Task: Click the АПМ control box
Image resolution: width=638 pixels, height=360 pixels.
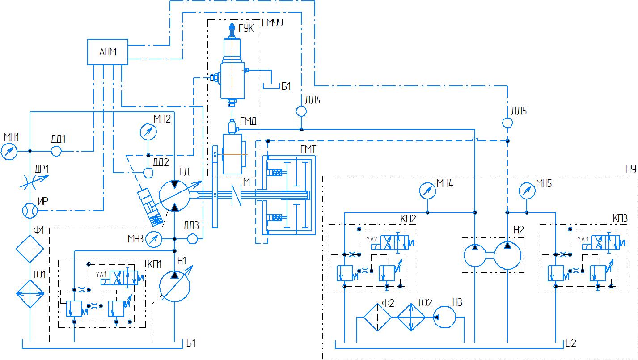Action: coord(108,52)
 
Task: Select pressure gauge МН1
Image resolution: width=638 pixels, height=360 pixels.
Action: coord(9,151)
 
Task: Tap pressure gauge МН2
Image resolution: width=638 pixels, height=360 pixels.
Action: coord(148,132)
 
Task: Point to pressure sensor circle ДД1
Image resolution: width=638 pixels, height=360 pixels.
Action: coord(56,151)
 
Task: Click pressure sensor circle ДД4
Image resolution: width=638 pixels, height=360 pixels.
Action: coord(301,111)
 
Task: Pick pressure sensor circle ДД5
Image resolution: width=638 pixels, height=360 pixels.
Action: coord(507,123)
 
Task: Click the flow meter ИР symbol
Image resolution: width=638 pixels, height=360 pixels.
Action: coord(30,211)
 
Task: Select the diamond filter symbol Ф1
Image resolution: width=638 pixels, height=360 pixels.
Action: coord(30,249)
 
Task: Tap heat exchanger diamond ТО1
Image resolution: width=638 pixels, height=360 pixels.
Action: coord(30,294)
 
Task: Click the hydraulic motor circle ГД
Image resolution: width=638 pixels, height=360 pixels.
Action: coord(175,196)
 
